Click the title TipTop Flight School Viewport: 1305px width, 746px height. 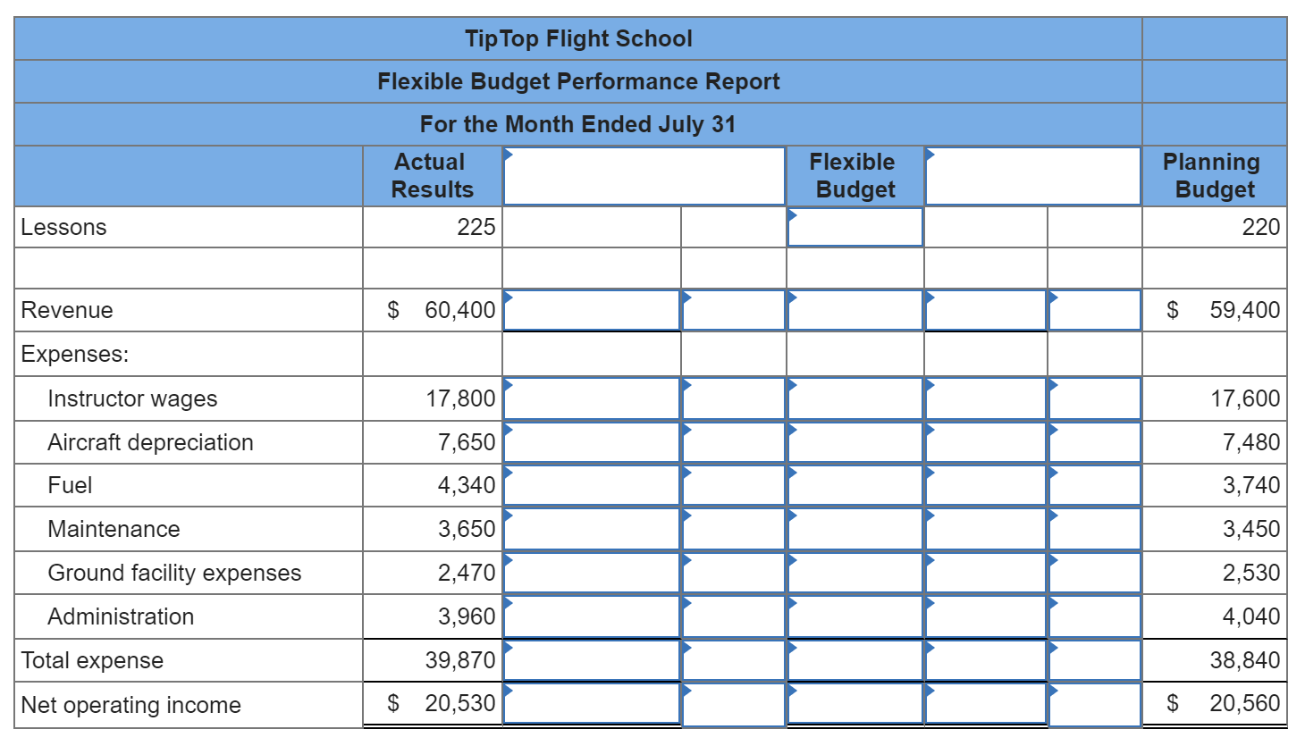coord(578,38)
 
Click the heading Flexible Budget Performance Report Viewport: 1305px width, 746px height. coord(578,81)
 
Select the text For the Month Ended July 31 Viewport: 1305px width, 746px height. coord(578,124)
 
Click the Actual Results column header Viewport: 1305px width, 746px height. coord(432,176)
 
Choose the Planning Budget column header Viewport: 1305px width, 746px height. coord(1213,176)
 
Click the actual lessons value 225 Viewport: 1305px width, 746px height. coord(476,227)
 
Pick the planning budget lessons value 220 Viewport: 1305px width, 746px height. coord(1260,227)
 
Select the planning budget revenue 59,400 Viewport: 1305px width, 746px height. coord(1244,310)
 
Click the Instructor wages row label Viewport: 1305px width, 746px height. coord(132,398)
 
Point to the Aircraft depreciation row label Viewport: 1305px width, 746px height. coord(150,442)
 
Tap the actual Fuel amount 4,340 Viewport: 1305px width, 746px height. coord(466,485)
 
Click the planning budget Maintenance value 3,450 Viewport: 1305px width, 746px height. coord(1250,529)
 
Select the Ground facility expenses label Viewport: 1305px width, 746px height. coord(174,573)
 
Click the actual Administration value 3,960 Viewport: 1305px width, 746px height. coord(466,616)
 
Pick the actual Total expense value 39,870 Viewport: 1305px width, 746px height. coord(459,660)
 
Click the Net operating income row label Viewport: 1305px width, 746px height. coord(130,705)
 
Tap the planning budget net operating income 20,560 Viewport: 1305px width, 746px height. coord(1244,703)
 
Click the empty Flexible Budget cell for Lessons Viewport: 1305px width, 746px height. coord(855,227)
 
